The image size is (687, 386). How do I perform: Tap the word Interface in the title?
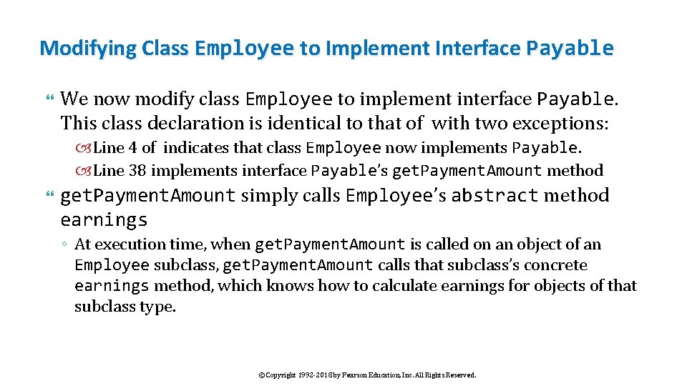(482, 49)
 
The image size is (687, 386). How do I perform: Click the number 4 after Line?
(132, 148)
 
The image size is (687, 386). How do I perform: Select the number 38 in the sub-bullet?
(138, 170)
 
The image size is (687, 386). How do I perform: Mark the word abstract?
(494, 195)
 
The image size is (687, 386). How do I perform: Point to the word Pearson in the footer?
(354, 375)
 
